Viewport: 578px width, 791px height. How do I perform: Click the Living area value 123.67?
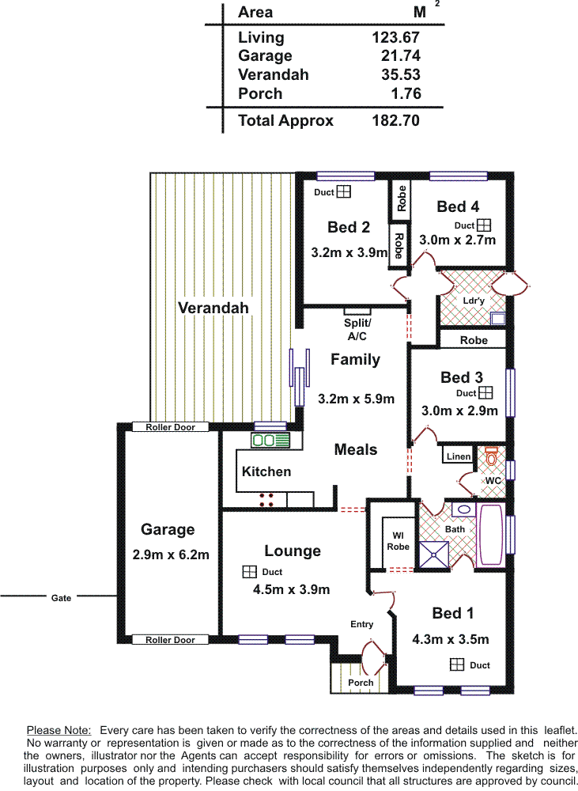point(395,37)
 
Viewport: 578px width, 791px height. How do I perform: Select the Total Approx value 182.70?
point(395,120)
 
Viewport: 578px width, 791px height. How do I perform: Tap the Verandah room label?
point(213,308)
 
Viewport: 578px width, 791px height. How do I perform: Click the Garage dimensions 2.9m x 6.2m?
point(171,555)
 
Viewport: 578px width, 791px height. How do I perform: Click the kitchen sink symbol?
point(270,441)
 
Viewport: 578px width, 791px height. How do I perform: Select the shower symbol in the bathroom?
point(434,554)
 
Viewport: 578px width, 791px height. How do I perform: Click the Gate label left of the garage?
point(61,598)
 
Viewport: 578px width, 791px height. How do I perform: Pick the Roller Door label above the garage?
point(171,427)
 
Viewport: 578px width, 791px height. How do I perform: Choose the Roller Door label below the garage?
point(170,640)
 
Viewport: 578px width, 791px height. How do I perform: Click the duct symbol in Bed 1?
point(456,665)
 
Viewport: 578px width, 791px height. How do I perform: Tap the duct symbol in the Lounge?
point(249,572)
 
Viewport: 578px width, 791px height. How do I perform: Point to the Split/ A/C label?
point(357,329)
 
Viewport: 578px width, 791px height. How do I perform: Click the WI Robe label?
point(398,541)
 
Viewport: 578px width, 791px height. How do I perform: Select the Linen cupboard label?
point(459,456)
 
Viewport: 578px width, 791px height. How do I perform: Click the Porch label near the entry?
point(361,683)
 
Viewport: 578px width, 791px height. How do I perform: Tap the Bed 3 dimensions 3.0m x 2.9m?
point(459,411)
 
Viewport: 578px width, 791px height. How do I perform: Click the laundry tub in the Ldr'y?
point(498,318)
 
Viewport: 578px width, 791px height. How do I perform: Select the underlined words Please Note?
point(59,730)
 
